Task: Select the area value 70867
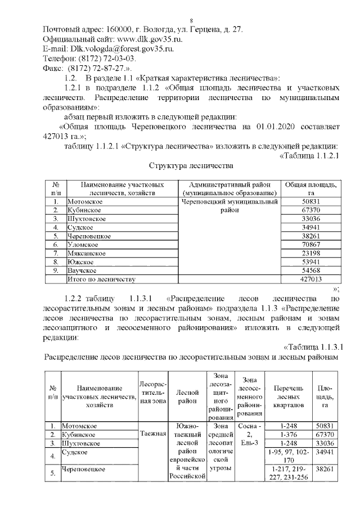(311, 245)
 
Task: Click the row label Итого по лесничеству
(102, 279)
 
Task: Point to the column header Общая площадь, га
(311, 188)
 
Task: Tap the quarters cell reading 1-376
(288, 435)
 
